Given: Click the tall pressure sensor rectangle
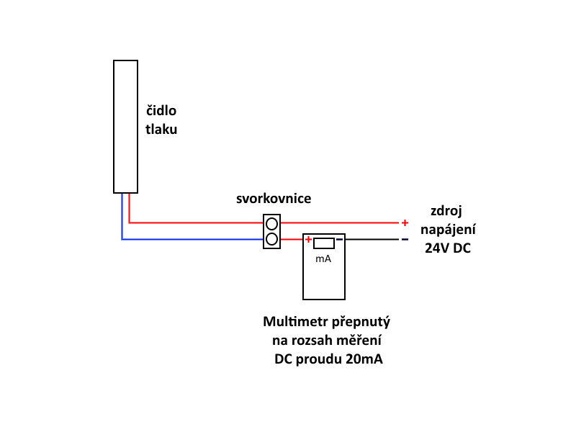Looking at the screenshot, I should [125, 127].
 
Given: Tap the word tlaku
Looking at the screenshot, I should [161, 130].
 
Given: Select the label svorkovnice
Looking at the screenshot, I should [274, 198].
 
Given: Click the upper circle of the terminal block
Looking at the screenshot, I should [271, 223].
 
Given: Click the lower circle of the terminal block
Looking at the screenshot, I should [271, 239].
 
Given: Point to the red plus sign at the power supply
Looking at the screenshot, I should [405, 222].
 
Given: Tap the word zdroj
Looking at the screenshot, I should [446, 211].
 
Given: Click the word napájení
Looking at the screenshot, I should [447, 230].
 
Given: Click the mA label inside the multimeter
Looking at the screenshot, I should [323, 258].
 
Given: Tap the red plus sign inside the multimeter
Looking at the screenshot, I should [308, 240].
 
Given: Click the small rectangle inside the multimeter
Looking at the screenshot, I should [323, 243].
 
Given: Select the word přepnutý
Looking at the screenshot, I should [361, 321].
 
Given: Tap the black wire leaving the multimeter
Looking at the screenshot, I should [371, 239].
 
